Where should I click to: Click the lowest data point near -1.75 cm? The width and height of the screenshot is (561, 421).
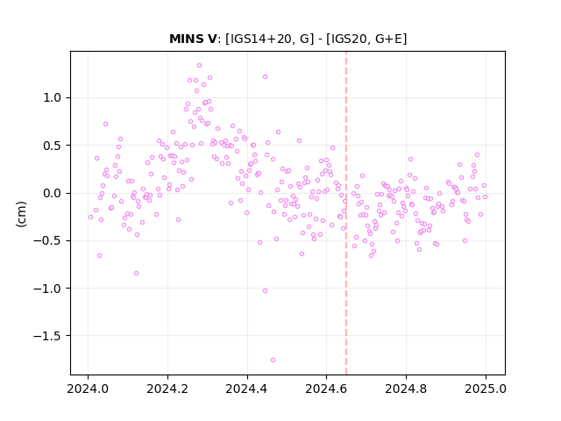click(x=273, y=360)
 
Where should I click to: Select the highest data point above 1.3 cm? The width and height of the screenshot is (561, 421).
click(x=199, y=66)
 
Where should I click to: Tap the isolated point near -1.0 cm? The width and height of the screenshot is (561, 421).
click(x=265, y=290)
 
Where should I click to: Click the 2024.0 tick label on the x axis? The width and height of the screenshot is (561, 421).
click(x=88, y=389)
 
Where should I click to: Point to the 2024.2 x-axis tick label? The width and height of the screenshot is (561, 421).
click(x=167, y=389)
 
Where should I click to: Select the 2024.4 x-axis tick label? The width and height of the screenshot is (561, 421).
click(x=247, y=389)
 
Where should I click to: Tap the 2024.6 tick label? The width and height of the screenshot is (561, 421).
click(x=326, y=389)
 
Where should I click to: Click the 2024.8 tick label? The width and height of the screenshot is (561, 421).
click(x=406, y=389)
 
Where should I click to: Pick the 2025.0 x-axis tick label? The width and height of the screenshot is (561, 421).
click(x=486, y=389)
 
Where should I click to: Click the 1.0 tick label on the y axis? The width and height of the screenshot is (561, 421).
click(x=53, y=97)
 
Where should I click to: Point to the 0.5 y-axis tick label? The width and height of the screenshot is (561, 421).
click(x=53, y=146)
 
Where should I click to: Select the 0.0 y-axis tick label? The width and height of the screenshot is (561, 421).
click(x=53, y=193)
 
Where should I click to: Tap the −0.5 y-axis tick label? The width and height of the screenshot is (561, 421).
click(x=47, y=241)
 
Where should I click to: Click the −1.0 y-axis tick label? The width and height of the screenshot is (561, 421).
click(x=47, y=289)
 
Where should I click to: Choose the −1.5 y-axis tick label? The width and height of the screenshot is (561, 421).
click(x=47, y=336)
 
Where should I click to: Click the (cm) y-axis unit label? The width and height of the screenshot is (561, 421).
click(x=21, y=214)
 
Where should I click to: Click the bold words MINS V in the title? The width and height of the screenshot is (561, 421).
click(x=193, y=39)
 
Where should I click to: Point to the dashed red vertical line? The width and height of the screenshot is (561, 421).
click(x=346, y=213)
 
